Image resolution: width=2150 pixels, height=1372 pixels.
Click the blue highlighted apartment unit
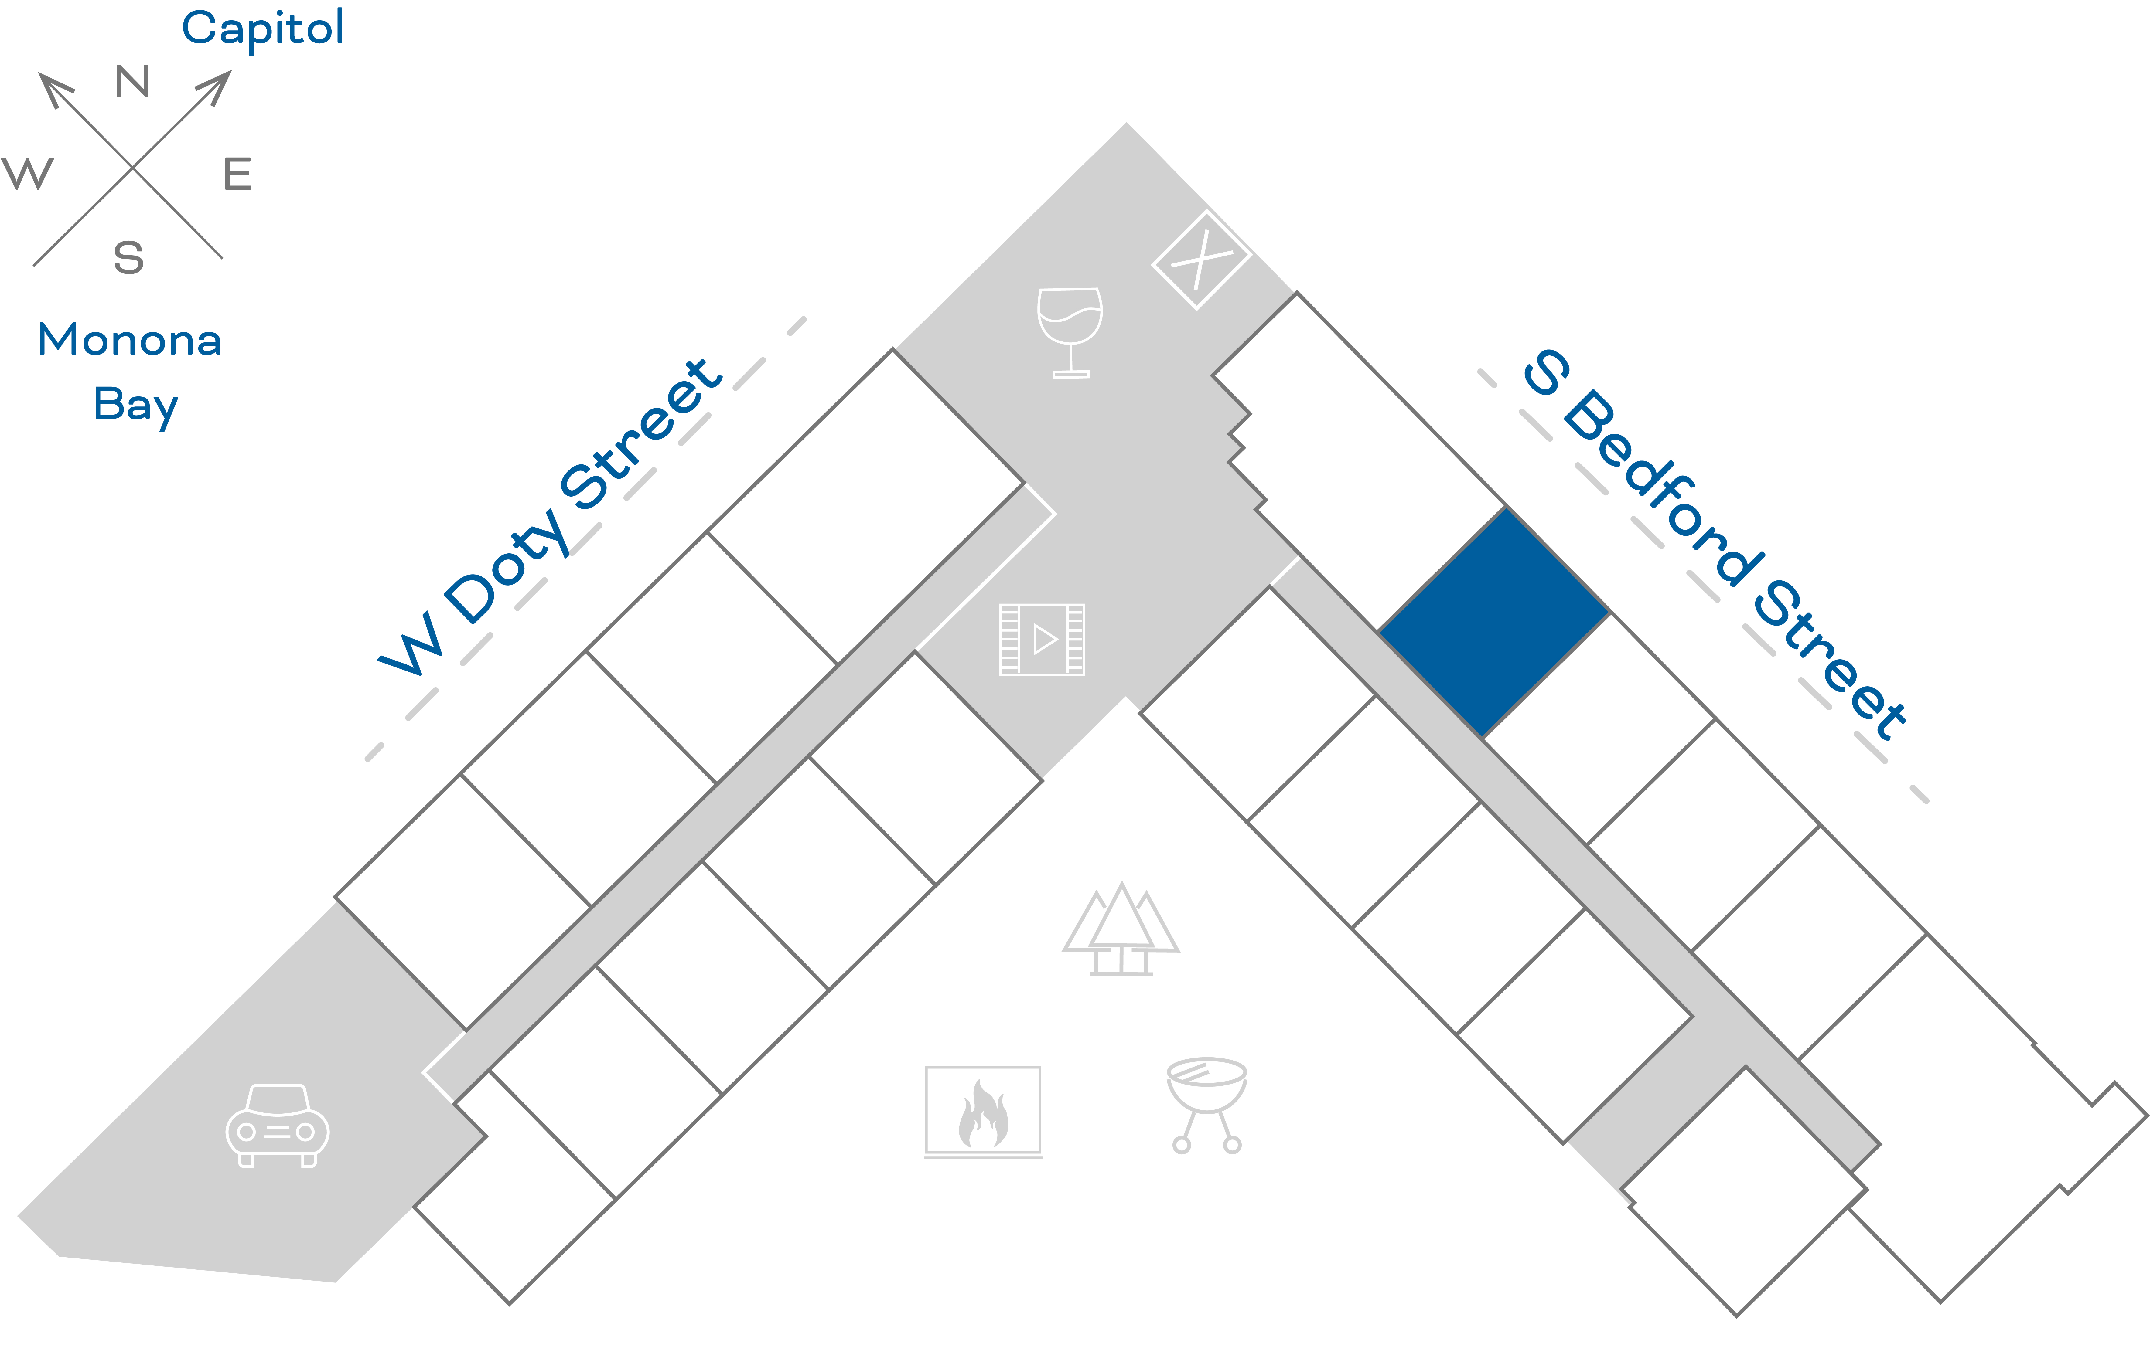1494,622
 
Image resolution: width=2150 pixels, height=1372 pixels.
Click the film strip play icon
1042,639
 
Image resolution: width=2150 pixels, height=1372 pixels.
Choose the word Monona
129,340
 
